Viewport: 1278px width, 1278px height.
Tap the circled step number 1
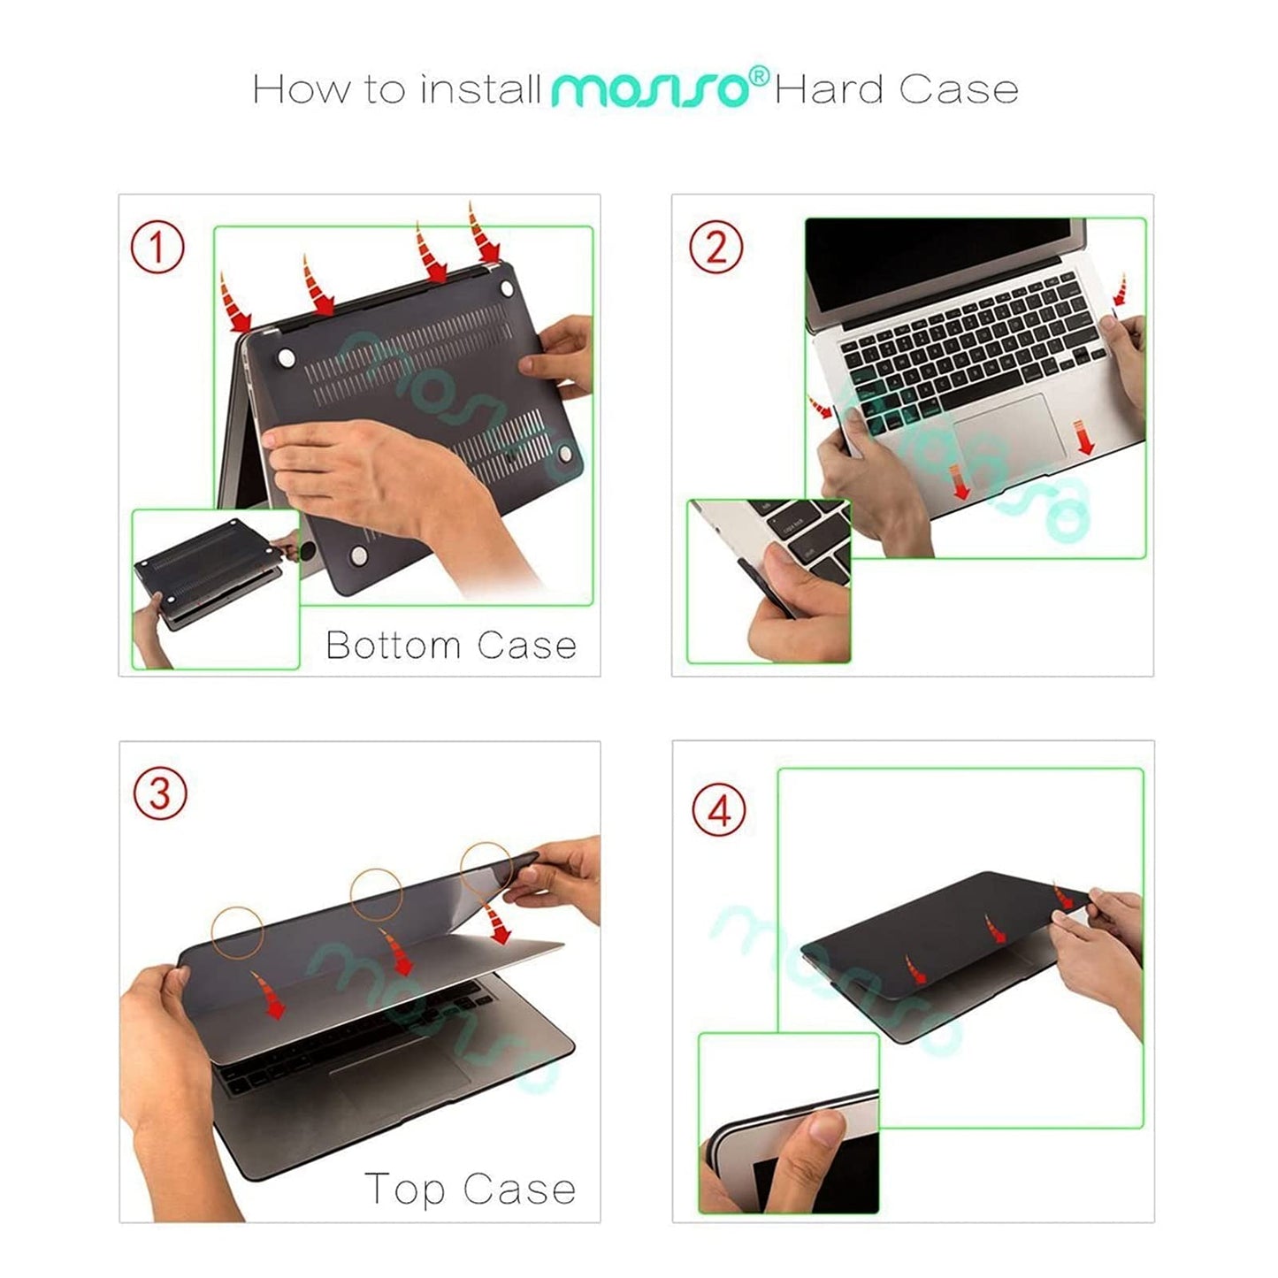tap(157, 247)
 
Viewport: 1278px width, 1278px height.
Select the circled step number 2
tap(716, 247)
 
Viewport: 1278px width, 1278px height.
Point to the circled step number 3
tap(160, 793)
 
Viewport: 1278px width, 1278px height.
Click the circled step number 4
tap(719, 810)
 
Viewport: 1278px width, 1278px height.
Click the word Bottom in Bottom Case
tap(394, 645)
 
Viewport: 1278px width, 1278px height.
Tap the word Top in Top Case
tap(404, 1189)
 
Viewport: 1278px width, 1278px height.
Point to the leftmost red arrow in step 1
tap(235, 305)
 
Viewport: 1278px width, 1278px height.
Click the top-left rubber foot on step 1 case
tap(286, 357)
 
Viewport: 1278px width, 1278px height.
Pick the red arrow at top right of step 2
tap(1120, 290)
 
